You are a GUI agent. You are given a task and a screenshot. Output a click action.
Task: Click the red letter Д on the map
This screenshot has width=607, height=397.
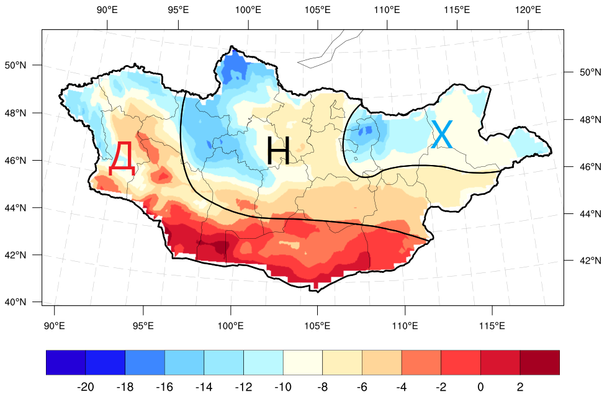click(122, 159)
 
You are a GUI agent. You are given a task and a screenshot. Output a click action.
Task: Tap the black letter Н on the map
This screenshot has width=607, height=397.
click(278, 151)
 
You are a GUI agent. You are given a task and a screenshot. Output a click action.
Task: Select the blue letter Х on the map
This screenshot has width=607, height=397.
click(443, 134)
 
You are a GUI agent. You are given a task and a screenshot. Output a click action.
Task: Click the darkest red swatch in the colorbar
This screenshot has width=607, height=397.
click(539, 362)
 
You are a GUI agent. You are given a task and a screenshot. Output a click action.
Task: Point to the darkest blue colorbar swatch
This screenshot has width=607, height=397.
click(66, 362)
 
